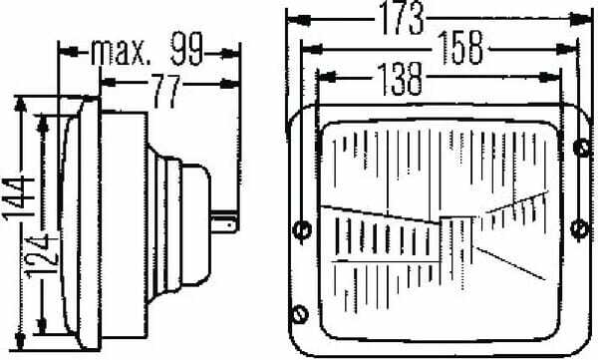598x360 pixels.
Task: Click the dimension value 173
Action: (x=402, y=18)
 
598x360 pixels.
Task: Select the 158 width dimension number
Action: (x=460, y=47)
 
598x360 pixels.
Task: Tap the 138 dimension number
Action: (x=400, y=79)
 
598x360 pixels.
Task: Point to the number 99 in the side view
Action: (x=186, y=49)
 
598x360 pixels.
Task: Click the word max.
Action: (x=119, y=51)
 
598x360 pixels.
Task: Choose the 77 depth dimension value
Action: (x=165, y=91)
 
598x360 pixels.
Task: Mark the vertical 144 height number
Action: (x=19, y=198)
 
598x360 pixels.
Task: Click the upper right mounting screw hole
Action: (x=582, y=148)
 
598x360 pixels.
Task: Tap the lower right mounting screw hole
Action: (x=580, y=228)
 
